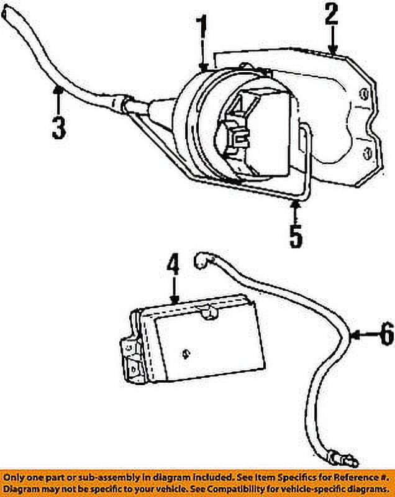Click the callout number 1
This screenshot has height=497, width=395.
click(201, 28)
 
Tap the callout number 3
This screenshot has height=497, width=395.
click(58, 126)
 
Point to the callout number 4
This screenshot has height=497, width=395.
click(173, 265)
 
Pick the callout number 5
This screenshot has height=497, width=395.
click(296, 235)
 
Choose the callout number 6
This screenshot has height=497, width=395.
click(386, 335)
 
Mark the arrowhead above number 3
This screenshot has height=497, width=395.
click(58, 92)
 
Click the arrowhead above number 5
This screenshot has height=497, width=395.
click(296, 203)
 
